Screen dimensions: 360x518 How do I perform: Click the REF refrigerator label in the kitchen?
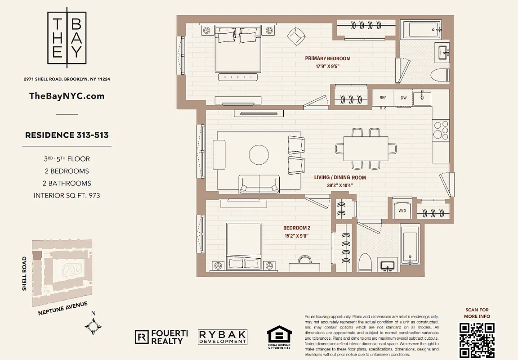click(383, 98)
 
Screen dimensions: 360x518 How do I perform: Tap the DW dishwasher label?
click(403, 98)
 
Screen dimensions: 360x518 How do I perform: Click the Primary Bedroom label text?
click(327, 58)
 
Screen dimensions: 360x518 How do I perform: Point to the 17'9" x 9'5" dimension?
click(327, 67)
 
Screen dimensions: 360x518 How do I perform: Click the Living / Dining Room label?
click(339, 177)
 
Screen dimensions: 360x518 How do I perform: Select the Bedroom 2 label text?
click(296, 228)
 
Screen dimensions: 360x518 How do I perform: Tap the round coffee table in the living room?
click(259, 154)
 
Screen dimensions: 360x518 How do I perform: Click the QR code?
click(477, 340)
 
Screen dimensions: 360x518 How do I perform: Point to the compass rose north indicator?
click(93, 324)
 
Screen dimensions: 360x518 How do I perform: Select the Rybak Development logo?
click(223, 337)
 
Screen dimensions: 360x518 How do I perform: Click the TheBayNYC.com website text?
click(67, 96)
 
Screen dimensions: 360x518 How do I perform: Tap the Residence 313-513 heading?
click(67, 135)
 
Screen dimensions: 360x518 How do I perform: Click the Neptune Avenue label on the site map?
click(63, 308)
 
